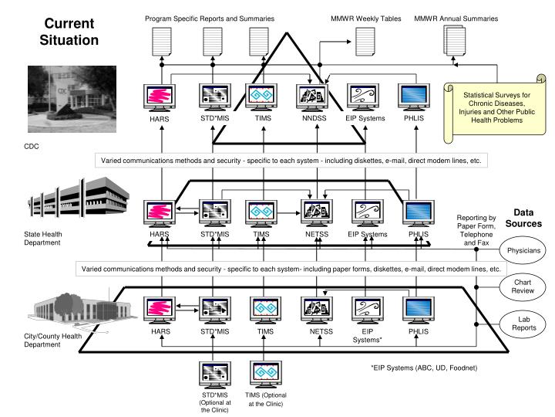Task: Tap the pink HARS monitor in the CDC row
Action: pos(160,97)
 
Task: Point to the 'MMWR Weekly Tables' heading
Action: pos(365,18)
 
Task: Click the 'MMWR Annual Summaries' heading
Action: pos(456,18)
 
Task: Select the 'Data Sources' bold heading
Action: pos(523,218)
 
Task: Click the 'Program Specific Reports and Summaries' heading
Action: pos(209,18)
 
